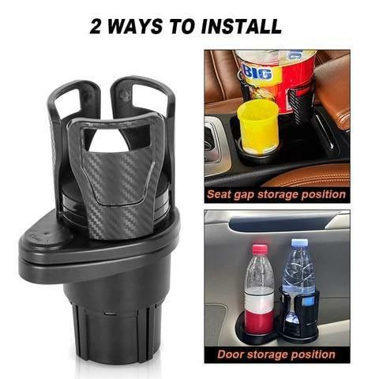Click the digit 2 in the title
[x=95, y=27]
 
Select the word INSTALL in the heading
[x=241, y=27]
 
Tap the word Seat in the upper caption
[x=218, y=194]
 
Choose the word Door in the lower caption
[x=230, y=355]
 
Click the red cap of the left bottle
[x=260, y=249]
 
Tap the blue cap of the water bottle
[x=299, y=242]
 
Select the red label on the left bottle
[x=260, y=323]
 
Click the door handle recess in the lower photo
[x=278, y=223]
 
